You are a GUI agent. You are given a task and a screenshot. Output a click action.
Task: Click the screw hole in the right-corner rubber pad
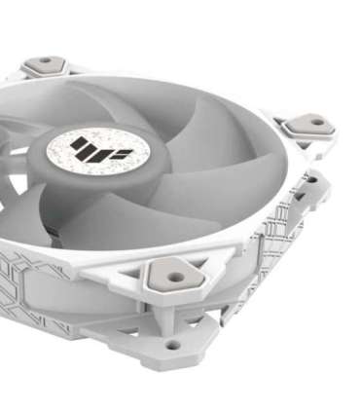[x=310, y=124]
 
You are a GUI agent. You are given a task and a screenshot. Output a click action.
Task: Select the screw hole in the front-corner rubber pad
[x=174, y=277]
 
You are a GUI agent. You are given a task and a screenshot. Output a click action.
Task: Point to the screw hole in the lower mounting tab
[x=172, y=344]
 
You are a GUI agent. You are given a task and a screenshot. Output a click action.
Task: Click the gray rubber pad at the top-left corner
[x=45, y=66]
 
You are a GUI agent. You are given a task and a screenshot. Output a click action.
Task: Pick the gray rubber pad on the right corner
[x=308, y=124]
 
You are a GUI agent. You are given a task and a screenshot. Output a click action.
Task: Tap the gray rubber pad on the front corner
[x=175, y=277]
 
